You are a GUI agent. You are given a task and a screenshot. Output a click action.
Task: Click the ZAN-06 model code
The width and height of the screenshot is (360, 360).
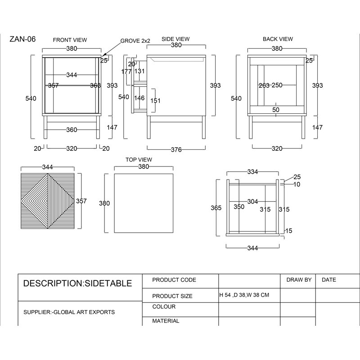22,39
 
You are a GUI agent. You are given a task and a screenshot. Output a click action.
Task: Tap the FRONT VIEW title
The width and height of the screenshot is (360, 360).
70,40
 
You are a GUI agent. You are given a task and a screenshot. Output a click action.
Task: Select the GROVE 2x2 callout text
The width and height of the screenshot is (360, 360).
135,41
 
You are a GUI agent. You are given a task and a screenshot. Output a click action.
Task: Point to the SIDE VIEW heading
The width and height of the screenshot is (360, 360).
175,39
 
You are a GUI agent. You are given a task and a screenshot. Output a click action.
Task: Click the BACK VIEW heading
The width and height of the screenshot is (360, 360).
278,39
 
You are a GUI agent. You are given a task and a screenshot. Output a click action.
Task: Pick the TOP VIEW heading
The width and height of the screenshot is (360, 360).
139,160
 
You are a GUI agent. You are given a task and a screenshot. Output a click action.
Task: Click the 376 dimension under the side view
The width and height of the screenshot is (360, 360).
176,150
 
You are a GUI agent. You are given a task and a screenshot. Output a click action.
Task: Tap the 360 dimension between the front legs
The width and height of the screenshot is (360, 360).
72,130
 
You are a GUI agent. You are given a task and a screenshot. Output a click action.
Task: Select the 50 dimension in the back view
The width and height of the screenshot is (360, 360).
276,110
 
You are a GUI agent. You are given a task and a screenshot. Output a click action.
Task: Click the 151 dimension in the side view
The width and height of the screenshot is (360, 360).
155,100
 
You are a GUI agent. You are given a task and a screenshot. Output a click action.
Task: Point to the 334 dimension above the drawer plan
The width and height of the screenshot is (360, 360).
252,172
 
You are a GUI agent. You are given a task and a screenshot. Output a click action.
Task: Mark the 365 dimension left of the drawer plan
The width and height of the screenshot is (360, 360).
216,208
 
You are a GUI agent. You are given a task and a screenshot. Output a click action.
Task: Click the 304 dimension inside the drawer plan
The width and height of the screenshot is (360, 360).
252,202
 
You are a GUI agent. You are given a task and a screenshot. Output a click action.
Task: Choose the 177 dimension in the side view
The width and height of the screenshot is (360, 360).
126,72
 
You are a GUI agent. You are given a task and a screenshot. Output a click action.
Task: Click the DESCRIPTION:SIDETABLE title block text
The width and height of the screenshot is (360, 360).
77,283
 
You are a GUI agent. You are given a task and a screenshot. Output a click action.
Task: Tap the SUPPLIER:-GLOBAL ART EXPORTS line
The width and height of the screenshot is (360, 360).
69,312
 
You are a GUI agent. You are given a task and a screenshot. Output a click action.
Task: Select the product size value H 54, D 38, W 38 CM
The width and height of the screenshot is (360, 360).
244,295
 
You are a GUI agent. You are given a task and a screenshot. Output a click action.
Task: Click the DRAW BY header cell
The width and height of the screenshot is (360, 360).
299,280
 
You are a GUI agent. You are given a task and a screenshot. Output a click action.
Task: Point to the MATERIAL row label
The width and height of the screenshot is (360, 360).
166,321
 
